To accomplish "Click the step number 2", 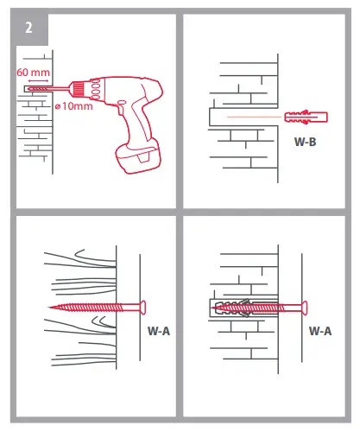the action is pos(28,28).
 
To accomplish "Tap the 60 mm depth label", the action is pos(33,73).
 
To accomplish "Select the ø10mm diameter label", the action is pos(74,106).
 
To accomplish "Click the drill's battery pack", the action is pos(137,156).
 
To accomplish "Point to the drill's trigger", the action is pos(121,106).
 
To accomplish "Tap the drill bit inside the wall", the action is pos(39,89).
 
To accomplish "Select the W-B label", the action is pos(305,142).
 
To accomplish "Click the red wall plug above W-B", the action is pos(306,118).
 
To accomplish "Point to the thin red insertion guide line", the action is pos(254,117).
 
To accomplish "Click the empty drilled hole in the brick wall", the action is pos(243,117).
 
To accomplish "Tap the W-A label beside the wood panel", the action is pos(159,331).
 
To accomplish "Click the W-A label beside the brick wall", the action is pos(320,331).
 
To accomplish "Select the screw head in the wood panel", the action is pos(143,308).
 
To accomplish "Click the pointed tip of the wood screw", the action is pos(50,308).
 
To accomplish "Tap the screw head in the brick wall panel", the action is pos(305,308).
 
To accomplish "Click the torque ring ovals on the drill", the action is pos(96,89).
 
